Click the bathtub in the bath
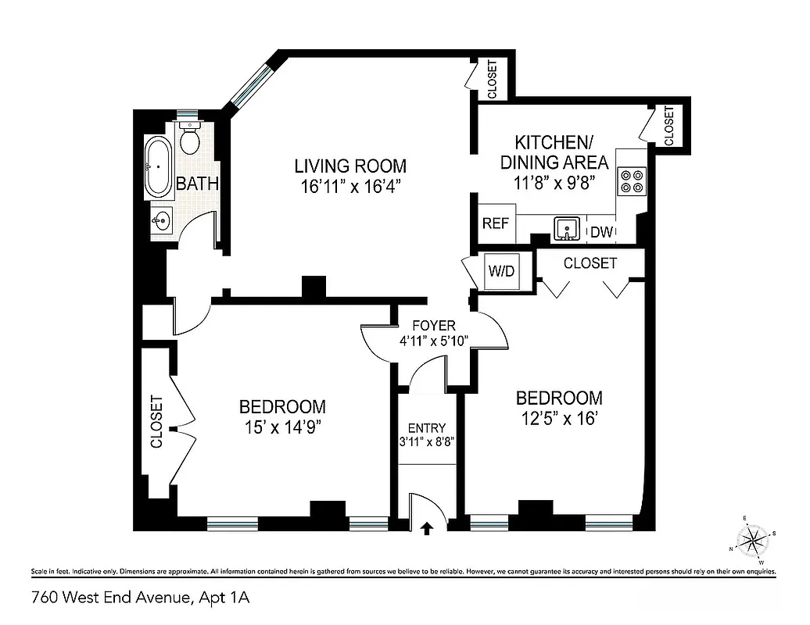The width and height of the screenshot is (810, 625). (158, 167)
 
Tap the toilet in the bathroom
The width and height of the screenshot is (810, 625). (189, 139)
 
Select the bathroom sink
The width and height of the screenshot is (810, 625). (161, 221)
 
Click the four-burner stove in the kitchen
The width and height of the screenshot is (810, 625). (632, 180)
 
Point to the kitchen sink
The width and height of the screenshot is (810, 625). (566, 229)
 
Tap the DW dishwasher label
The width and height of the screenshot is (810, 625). (600, 232)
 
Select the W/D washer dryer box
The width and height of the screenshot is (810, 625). (502, 271)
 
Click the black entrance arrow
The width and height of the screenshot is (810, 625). (426, 528)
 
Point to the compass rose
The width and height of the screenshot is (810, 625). (754, 539)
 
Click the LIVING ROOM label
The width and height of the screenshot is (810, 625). (350, 166)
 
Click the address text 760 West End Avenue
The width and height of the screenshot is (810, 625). (109, 598)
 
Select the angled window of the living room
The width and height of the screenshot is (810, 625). (249, 86)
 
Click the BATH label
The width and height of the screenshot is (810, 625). (197, 184)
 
